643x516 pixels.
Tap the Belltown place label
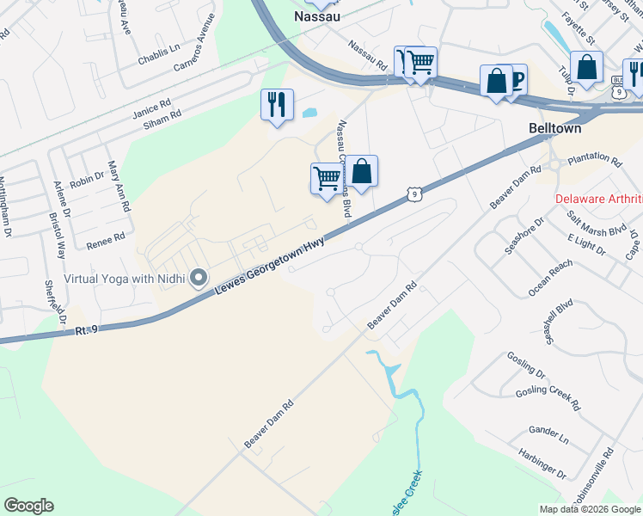(x=554, y=128)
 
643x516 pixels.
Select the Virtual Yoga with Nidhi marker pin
(x=199, y=277)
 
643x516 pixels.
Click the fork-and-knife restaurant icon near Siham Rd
(x=277, y=105)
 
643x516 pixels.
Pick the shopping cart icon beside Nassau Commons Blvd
(x=326, y=179)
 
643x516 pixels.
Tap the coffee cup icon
(x=517, y=80)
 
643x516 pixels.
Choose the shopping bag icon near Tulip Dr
(x=586, y=67)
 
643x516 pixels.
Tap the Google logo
(x=28, y=506)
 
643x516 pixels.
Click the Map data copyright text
(x=590, y=509)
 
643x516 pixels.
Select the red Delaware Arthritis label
(x=598, y=199)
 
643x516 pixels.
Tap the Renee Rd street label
(x=106, y=240)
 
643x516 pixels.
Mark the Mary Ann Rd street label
(x=119, y=187)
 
